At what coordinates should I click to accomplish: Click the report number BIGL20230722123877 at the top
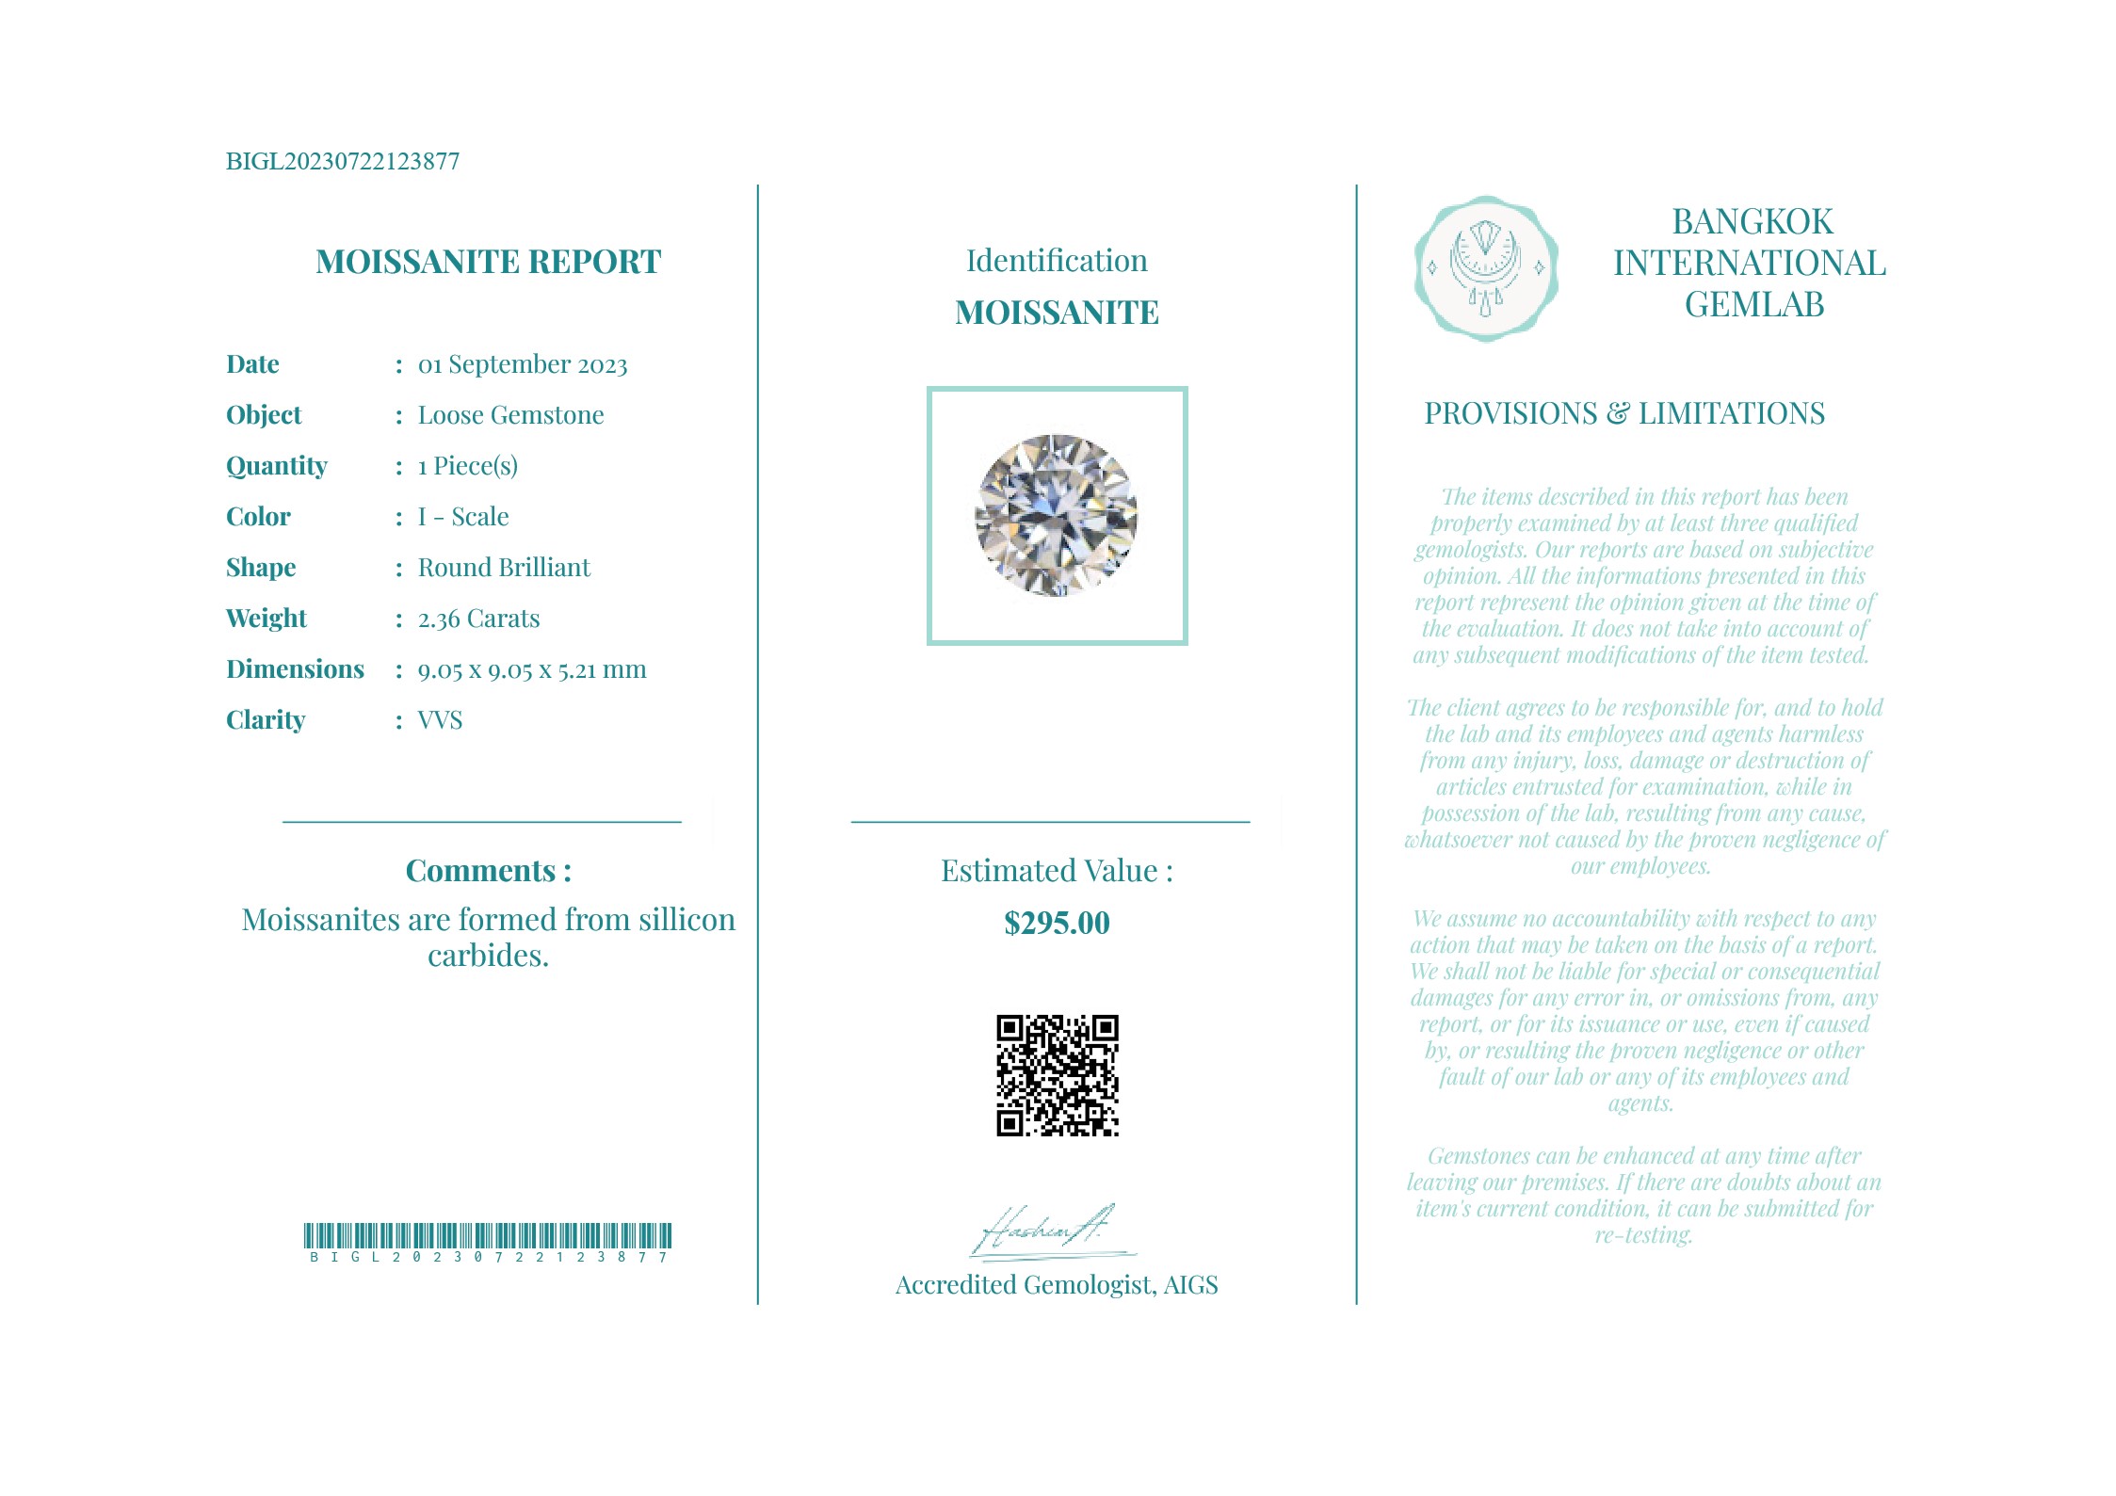click(343, 161)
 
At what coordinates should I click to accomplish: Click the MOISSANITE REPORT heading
click(488, 262)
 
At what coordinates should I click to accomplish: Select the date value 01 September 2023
click(522, 364)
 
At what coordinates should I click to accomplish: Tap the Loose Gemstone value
click(510, 415)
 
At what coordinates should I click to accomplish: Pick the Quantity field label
click(276, 466)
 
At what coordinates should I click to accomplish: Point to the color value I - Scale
click(462, 517)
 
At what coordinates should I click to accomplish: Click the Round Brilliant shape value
click(504, 568)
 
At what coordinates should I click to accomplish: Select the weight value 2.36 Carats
click(478, 619)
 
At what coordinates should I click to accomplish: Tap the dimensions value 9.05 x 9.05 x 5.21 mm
click(532, 669)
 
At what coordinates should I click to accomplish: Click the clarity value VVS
click(440, 720)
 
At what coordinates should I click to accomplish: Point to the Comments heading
click(488, 871)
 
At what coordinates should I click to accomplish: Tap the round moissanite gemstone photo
click(1056, 515)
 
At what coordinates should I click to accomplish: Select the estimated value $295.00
click(1057, 923)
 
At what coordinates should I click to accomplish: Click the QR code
click(1057, 1075)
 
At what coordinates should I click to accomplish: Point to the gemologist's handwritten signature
click(1045, 1230)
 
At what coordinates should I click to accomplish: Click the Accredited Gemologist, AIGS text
click(1056, 1285)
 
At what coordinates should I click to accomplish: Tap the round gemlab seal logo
click(1485, 268)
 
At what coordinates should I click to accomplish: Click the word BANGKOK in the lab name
click(1752, 222)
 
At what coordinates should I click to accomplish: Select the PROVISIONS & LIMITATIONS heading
click(1623, 413)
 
